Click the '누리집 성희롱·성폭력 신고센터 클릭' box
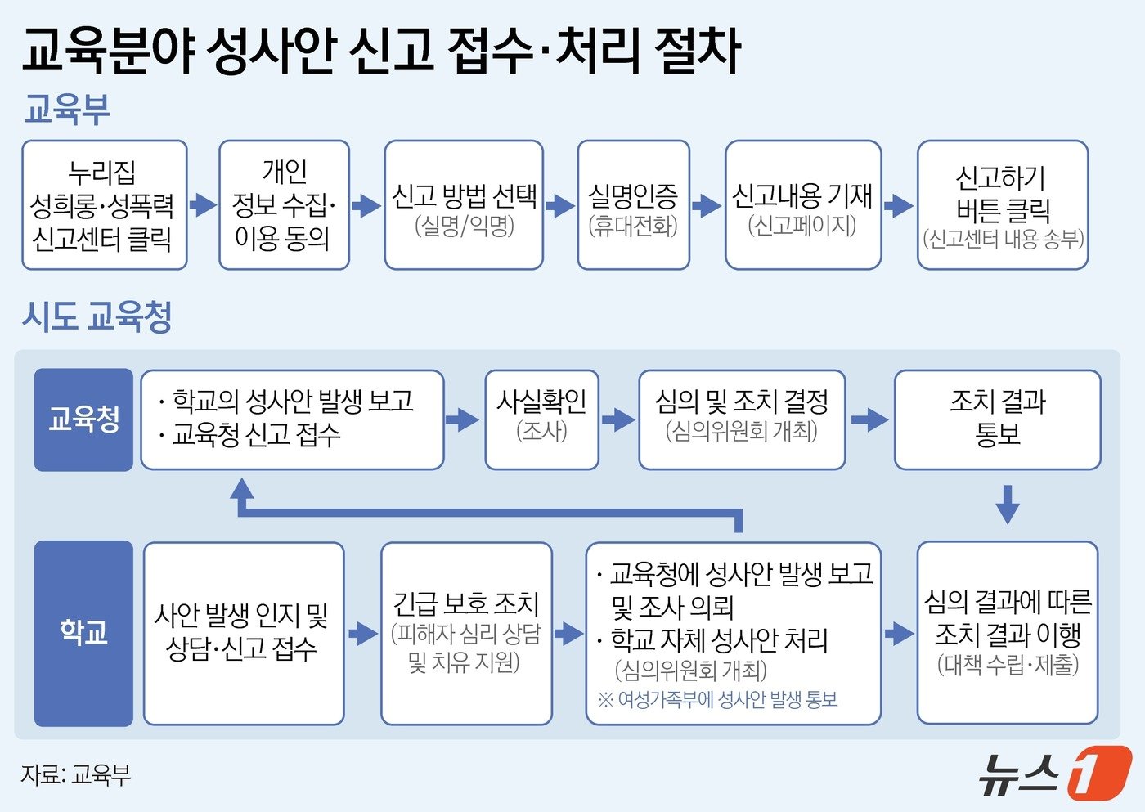click(x=104, y=205)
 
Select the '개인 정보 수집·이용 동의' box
click(x=284, y=205)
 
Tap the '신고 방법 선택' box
click(x=464, y=205)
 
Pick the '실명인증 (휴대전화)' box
click(x=633, y=205)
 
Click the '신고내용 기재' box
click(x=802, y=205)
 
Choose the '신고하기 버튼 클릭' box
click(x=1003, y=205)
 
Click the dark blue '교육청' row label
click(x=83, y=419)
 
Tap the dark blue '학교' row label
click(x=83, y=633)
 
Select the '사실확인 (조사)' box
click(x=541, y=419)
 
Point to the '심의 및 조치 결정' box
click(x=741, y=419)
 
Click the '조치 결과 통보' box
click(x=998, y=419)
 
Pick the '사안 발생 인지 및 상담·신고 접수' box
click(x=243, y=633)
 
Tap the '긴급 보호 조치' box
click(x=466, y=633)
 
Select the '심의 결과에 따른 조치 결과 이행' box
click(x=1007, y=633)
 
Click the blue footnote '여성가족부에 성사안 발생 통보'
click(x=718, y=700)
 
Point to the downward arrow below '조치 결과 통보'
click(x=1008, y=504)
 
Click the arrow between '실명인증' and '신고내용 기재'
click(x=707, y=205)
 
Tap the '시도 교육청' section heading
click(x=97, y=316)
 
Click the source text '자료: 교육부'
click(x=76, y=774)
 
